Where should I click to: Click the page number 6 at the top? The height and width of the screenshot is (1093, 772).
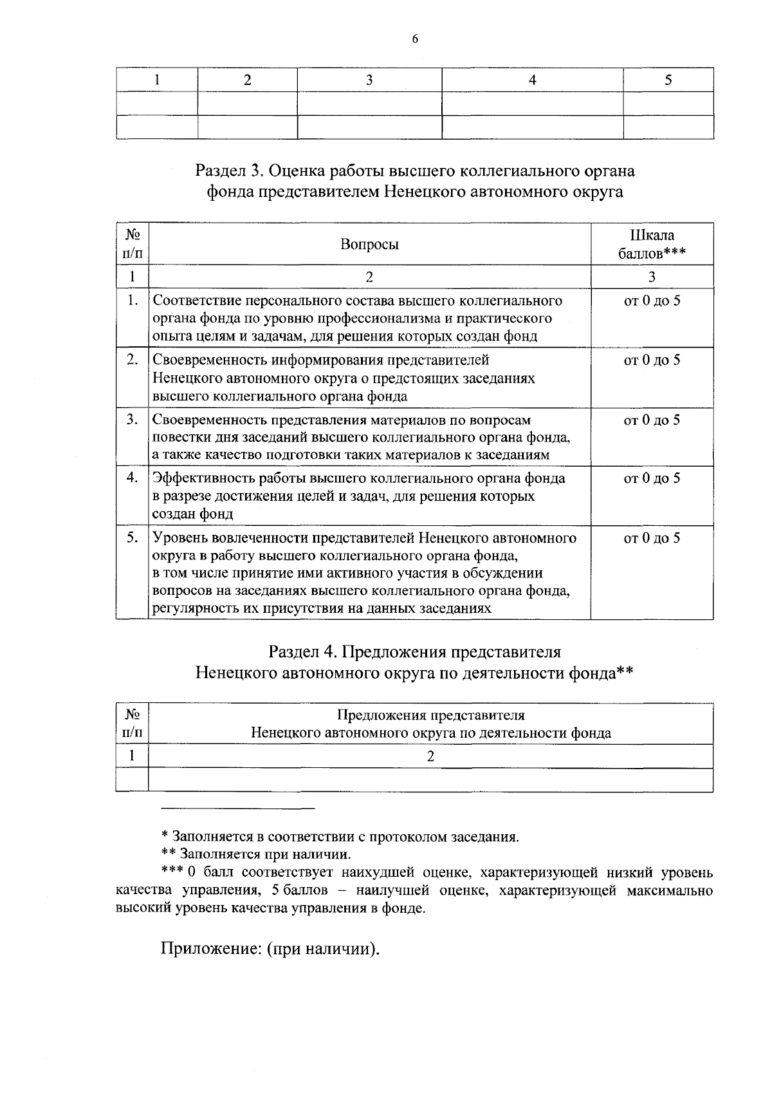pyautogui.click(x=414, y=39)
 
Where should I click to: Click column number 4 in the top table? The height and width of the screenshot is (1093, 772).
pyautogui.click(x=532, y=80)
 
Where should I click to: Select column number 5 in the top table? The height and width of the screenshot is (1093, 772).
pyautogui.click(x=668, y=80)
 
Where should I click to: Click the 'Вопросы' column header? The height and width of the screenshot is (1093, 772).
pyautogui.click(x=369, y=245)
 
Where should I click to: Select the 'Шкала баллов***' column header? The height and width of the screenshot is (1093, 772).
pyautogui.click(x=651, y=244)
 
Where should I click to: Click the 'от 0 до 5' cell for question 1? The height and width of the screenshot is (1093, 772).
pyautogui.click(x=652, y=301)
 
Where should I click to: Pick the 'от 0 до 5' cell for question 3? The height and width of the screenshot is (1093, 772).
pyautogui.click(x=652, y=420)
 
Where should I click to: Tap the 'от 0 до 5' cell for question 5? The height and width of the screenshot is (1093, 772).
pyautogui.click(x=652, y=538)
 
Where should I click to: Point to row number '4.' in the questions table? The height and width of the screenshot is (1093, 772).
pyautogui.click(x=133, y=478)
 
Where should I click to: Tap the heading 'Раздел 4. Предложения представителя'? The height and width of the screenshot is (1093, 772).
pyautogui.click(x=415, y=651)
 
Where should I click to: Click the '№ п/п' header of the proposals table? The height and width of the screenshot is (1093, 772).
pyautogui.click(x=132, y=724)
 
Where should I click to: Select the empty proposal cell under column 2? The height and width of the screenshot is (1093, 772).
pyautogui.click(x=430, y=780)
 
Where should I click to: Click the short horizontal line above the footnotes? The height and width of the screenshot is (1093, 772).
pyautogui.click(x=237, y=807)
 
